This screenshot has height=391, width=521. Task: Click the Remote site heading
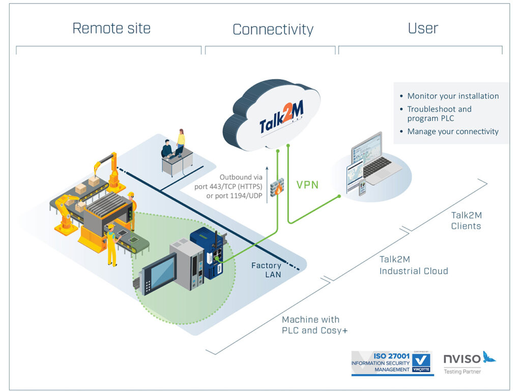click(x=111, y=29)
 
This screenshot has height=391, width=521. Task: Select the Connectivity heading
click(x=273, y=29)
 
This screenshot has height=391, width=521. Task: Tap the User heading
click(x=423, y=29)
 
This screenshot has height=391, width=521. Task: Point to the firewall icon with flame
click(x=277, y=187)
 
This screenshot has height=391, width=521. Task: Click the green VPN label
click(x=307, y=185)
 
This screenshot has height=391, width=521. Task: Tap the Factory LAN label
click(x=266, y=270)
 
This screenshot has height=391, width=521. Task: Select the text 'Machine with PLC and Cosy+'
click(x=314, y=325)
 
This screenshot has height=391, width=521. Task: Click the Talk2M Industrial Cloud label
click(x=414, y=265)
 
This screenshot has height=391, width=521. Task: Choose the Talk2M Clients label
click(x=466, y=220)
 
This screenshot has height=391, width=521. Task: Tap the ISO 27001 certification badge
click(x=392, y=363)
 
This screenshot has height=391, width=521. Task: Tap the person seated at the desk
click(x=167, y=149)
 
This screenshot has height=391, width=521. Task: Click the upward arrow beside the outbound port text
click(x=267, y=185)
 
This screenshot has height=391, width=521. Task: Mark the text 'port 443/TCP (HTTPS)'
click(x=228, y=186)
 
